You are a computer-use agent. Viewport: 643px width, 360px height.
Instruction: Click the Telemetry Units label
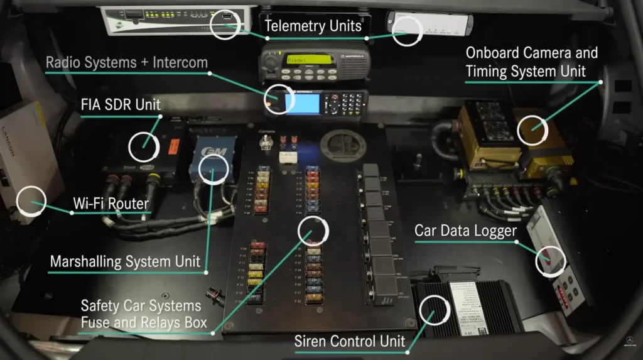pyautogui.click(x=313, y=26)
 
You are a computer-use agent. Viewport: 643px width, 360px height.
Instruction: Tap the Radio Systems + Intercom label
pyautogui.click(x=127, y=63)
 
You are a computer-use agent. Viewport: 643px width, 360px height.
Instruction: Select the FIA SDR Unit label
pyautogui.click(x=121, y=104)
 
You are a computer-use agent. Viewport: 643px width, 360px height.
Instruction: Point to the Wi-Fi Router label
pyautogui.click(x=111, y=204)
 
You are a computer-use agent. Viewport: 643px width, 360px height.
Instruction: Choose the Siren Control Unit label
pyautogui.click(x=350, y=342)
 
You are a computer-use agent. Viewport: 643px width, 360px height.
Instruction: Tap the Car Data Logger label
pyautogui.click(x=465, y=231)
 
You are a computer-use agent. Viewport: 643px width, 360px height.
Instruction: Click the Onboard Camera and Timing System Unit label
pyautogui.click(x=531, y=62)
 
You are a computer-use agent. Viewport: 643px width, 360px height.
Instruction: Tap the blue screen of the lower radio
pyautogui.click(x=302, y=102)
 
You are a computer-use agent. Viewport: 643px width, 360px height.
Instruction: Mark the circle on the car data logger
pyautogui.click(x=550, y=259)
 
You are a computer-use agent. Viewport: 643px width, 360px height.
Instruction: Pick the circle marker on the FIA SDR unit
pyautogui.click(x=144, y=145)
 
